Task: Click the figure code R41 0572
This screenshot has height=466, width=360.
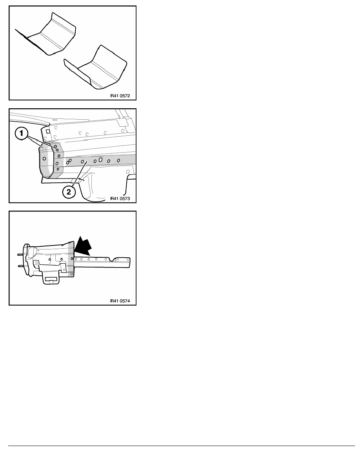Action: [120, 96]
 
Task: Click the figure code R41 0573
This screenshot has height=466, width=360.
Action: [120, 198]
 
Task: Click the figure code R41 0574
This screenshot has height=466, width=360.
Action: [120, 301]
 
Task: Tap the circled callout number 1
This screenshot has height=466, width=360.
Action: [22, 133]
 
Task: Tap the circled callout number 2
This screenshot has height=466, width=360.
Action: [69, 192]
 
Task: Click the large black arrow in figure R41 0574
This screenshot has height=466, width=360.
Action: [83, 246]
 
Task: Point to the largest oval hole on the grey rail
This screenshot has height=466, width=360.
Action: [101, 160]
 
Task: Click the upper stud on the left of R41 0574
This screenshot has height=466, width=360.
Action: [21, 255]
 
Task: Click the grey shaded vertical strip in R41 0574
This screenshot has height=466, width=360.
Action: [71, 259]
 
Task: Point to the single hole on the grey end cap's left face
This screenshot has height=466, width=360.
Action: [44, 158]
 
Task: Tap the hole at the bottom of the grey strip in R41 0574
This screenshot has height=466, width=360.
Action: [72, 273]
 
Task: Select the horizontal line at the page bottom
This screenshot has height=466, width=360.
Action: [182, 446]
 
